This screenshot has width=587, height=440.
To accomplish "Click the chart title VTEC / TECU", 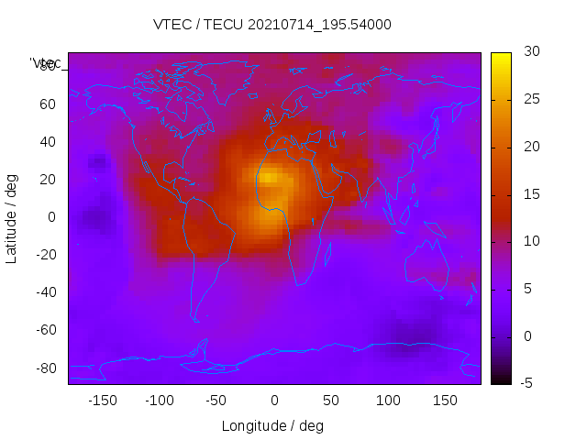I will click(271, 25).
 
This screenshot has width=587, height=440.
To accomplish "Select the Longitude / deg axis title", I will click(272, 425).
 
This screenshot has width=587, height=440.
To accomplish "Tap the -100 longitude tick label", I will click(159, 401).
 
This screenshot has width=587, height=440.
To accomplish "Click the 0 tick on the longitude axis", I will click(273, 401).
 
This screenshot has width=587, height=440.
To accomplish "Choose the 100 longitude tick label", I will click(388, 401).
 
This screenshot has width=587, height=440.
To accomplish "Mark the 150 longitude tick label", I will click(445, 401).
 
